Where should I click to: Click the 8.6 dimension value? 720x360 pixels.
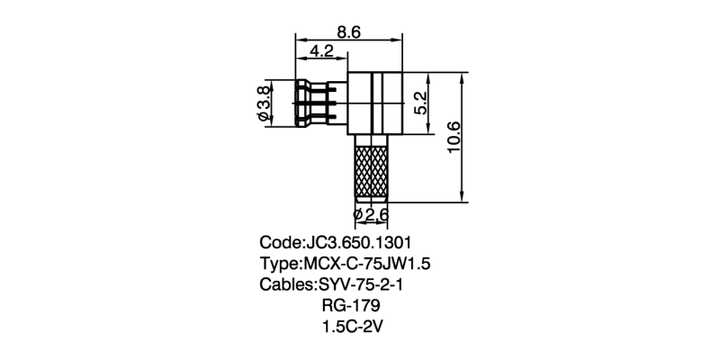[x=349, y=31]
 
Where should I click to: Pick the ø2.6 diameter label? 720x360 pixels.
[x=371, y=215]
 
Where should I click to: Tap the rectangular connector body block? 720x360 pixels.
[x=375, y=103]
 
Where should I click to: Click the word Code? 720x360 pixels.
[x=279, y=243]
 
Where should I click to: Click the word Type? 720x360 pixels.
[x=279, y=265]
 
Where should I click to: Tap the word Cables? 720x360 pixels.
[x=284, y=285]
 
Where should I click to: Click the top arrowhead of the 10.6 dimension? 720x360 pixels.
[x=462, y=76]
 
